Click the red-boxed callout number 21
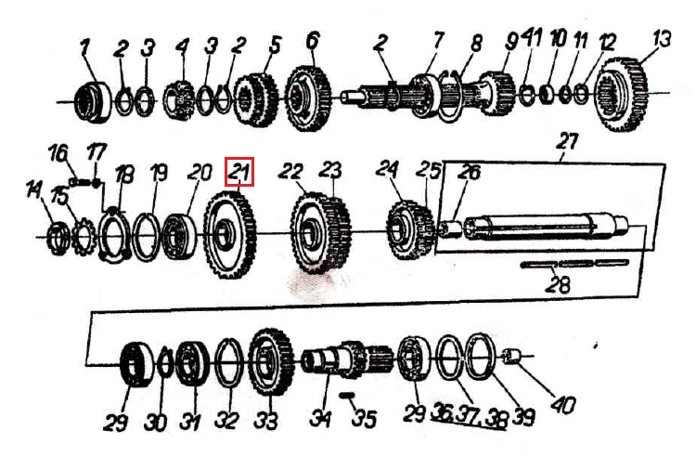coord(239,172)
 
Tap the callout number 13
coord(662,39)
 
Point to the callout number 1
coord(85,48)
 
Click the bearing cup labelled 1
coord(93,101)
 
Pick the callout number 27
coord(567,142)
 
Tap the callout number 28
coord(558,284)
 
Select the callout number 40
coord(563,405)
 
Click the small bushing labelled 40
coord(510,356)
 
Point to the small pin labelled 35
coord(346,395)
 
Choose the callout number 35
coord(364,418)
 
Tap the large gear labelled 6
coord(307,98)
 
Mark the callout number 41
coord(532,38)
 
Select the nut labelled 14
coord(58,241)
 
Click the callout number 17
coord(97,152)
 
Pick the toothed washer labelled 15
coord(83,238)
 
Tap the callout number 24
coord(387,169)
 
